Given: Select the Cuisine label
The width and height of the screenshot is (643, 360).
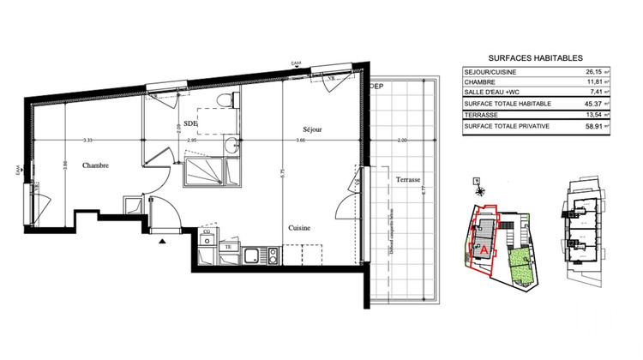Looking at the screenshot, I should tap(299, 228).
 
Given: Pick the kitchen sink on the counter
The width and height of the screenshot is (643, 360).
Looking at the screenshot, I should tap(251, 255).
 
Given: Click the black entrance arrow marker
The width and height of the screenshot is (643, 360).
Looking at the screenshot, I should tap(162, 242).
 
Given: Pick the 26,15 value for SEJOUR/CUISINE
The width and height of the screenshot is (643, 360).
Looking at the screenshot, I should tap(592, 72).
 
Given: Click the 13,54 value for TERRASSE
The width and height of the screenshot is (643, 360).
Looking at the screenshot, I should tap(592, 114).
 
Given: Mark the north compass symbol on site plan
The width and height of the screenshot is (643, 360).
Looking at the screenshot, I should tap(477, 183).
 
